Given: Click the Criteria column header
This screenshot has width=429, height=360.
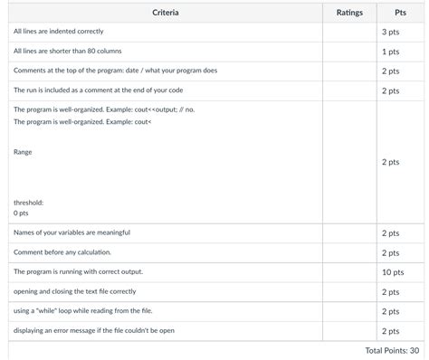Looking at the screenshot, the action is [165, 13].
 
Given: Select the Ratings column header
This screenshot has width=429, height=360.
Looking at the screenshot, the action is [349, 13].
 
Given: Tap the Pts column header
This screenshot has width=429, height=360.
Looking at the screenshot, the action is [400, 13].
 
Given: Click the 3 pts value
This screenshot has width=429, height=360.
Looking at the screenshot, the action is [391, 33].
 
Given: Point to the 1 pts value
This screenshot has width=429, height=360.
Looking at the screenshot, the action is [391, 52].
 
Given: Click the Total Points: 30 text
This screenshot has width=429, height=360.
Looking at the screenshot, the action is [392, 350].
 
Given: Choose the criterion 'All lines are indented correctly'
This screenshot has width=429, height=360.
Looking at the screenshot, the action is [58, 32].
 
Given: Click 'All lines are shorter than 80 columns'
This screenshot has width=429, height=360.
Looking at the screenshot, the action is [68, 52].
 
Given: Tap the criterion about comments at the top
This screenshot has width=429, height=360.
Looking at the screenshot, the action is [115, 71].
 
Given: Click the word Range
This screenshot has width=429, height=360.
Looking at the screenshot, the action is [23, 152].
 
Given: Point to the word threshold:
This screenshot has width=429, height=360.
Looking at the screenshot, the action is [29, 203].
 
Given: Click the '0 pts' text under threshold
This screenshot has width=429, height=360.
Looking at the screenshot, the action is [21, 213].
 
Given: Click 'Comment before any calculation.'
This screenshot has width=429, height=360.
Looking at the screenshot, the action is [62, 252].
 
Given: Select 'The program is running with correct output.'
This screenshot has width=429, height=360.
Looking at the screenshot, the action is [78, 271].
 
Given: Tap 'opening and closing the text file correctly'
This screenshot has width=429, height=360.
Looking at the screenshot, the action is [75, 291].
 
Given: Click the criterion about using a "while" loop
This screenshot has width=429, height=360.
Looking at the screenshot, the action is [82, 311].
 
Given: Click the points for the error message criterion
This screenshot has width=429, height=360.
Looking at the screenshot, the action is [391, 331].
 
